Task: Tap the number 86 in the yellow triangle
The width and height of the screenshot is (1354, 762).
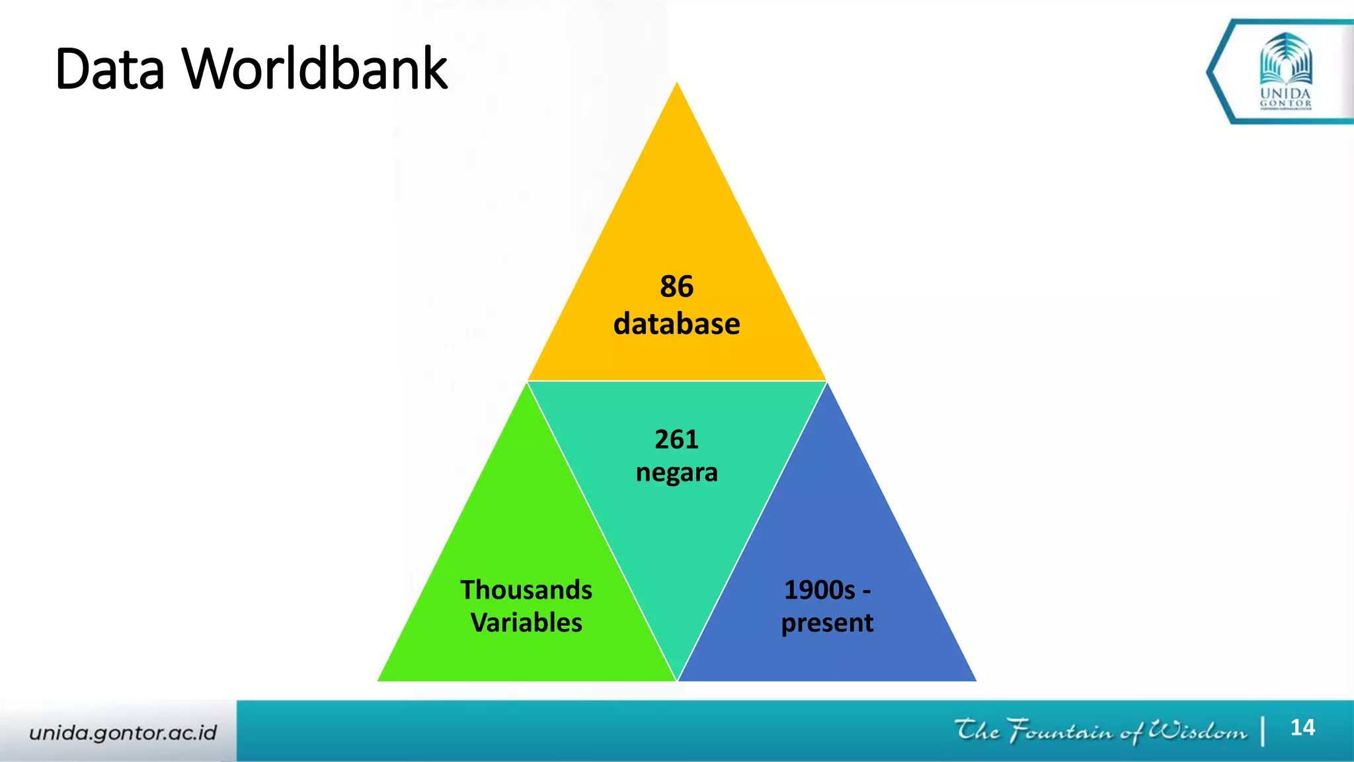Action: [676, 287]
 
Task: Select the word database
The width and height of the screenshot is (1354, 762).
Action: [676, 324]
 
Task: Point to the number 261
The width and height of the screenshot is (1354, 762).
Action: [676, 439]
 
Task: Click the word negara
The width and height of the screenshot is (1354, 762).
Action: [676, 473]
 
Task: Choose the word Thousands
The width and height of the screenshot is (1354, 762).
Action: [526, 589]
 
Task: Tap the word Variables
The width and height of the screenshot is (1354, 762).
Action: [526, 623]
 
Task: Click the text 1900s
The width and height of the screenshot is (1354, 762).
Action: [819, 589]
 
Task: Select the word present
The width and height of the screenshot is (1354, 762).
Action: [827, 623]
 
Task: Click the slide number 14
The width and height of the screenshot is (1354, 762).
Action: [1302, 728]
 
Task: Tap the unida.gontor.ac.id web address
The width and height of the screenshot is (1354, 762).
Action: [123, 732]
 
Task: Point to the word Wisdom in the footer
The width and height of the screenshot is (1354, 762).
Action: [1197, 731]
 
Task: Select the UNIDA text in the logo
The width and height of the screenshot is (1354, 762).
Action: [1285, 93]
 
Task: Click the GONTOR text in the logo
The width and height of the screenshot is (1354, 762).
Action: [1285, 103]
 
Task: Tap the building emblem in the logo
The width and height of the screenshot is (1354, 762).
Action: [1285, 60]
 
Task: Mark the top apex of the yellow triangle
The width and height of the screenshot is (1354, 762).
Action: [676, 83]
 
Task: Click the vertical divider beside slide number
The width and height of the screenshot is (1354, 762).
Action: [1263, 731]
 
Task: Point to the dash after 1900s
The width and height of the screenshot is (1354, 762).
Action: [866, 591]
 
